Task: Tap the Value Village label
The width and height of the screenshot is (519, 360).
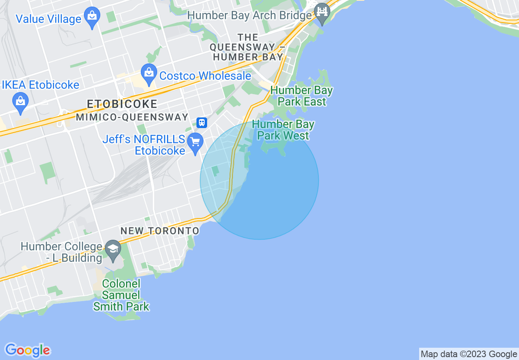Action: click(x=48, y=19)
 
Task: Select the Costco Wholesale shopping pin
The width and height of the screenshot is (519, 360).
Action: click(x=149, y=73)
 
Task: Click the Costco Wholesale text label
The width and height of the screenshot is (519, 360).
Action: click(x=205, y=76)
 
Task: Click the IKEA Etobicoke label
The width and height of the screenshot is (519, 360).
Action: click(x=41, y=85)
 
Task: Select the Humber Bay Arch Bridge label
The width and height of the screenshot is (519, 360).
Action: click(x=250, y=16)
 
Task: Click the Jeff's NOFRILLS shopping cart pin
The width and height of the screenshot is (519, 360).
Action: click(x=195, y=142)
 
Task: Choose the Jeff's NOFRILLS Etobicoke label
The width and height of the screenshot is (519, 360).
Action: click(x=144, y=145)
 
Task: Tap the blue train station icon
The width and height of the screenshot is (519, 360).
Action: click(x=201, y=122)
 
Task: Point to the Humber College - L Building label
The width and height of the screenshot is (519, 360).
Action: click(x=61, y=252)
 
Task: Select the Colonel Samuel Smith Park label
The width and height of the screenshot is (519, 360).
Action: click(x=121, y=295)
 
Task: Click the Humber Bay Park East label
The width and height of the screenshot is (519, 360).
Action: click(x=302, y=96)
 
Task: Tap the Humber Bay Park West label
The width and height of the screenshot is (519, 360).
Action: click(x=283, y=130)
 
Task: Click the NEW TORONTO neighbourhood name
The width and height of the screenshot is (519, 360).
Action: click(x=160, y=231)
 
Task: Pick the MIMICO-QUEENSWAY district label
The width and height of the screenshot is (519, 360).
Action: click(x=132, y=117)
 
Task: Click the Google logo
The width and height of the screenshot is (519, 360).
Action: click(x=28, y=351)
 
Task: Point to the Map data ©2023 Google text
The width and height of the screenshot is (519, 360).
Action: click(x=469, y=354)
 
